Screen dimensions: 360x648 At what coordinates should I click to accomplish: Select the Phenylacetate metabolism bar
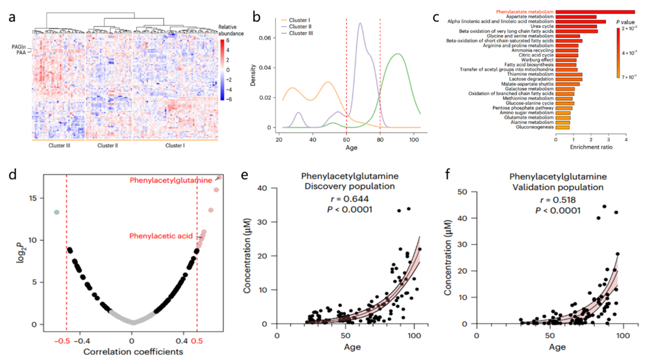pyautogui.click(x=595, y=12)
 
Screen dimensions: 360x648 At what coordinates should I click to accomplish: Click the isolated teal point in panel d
pyautogui.click(x=57, y=212)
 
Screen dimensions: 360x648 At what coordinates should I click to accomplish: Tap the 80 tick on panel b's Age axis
pyautogui.click(x=380, y=140)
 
